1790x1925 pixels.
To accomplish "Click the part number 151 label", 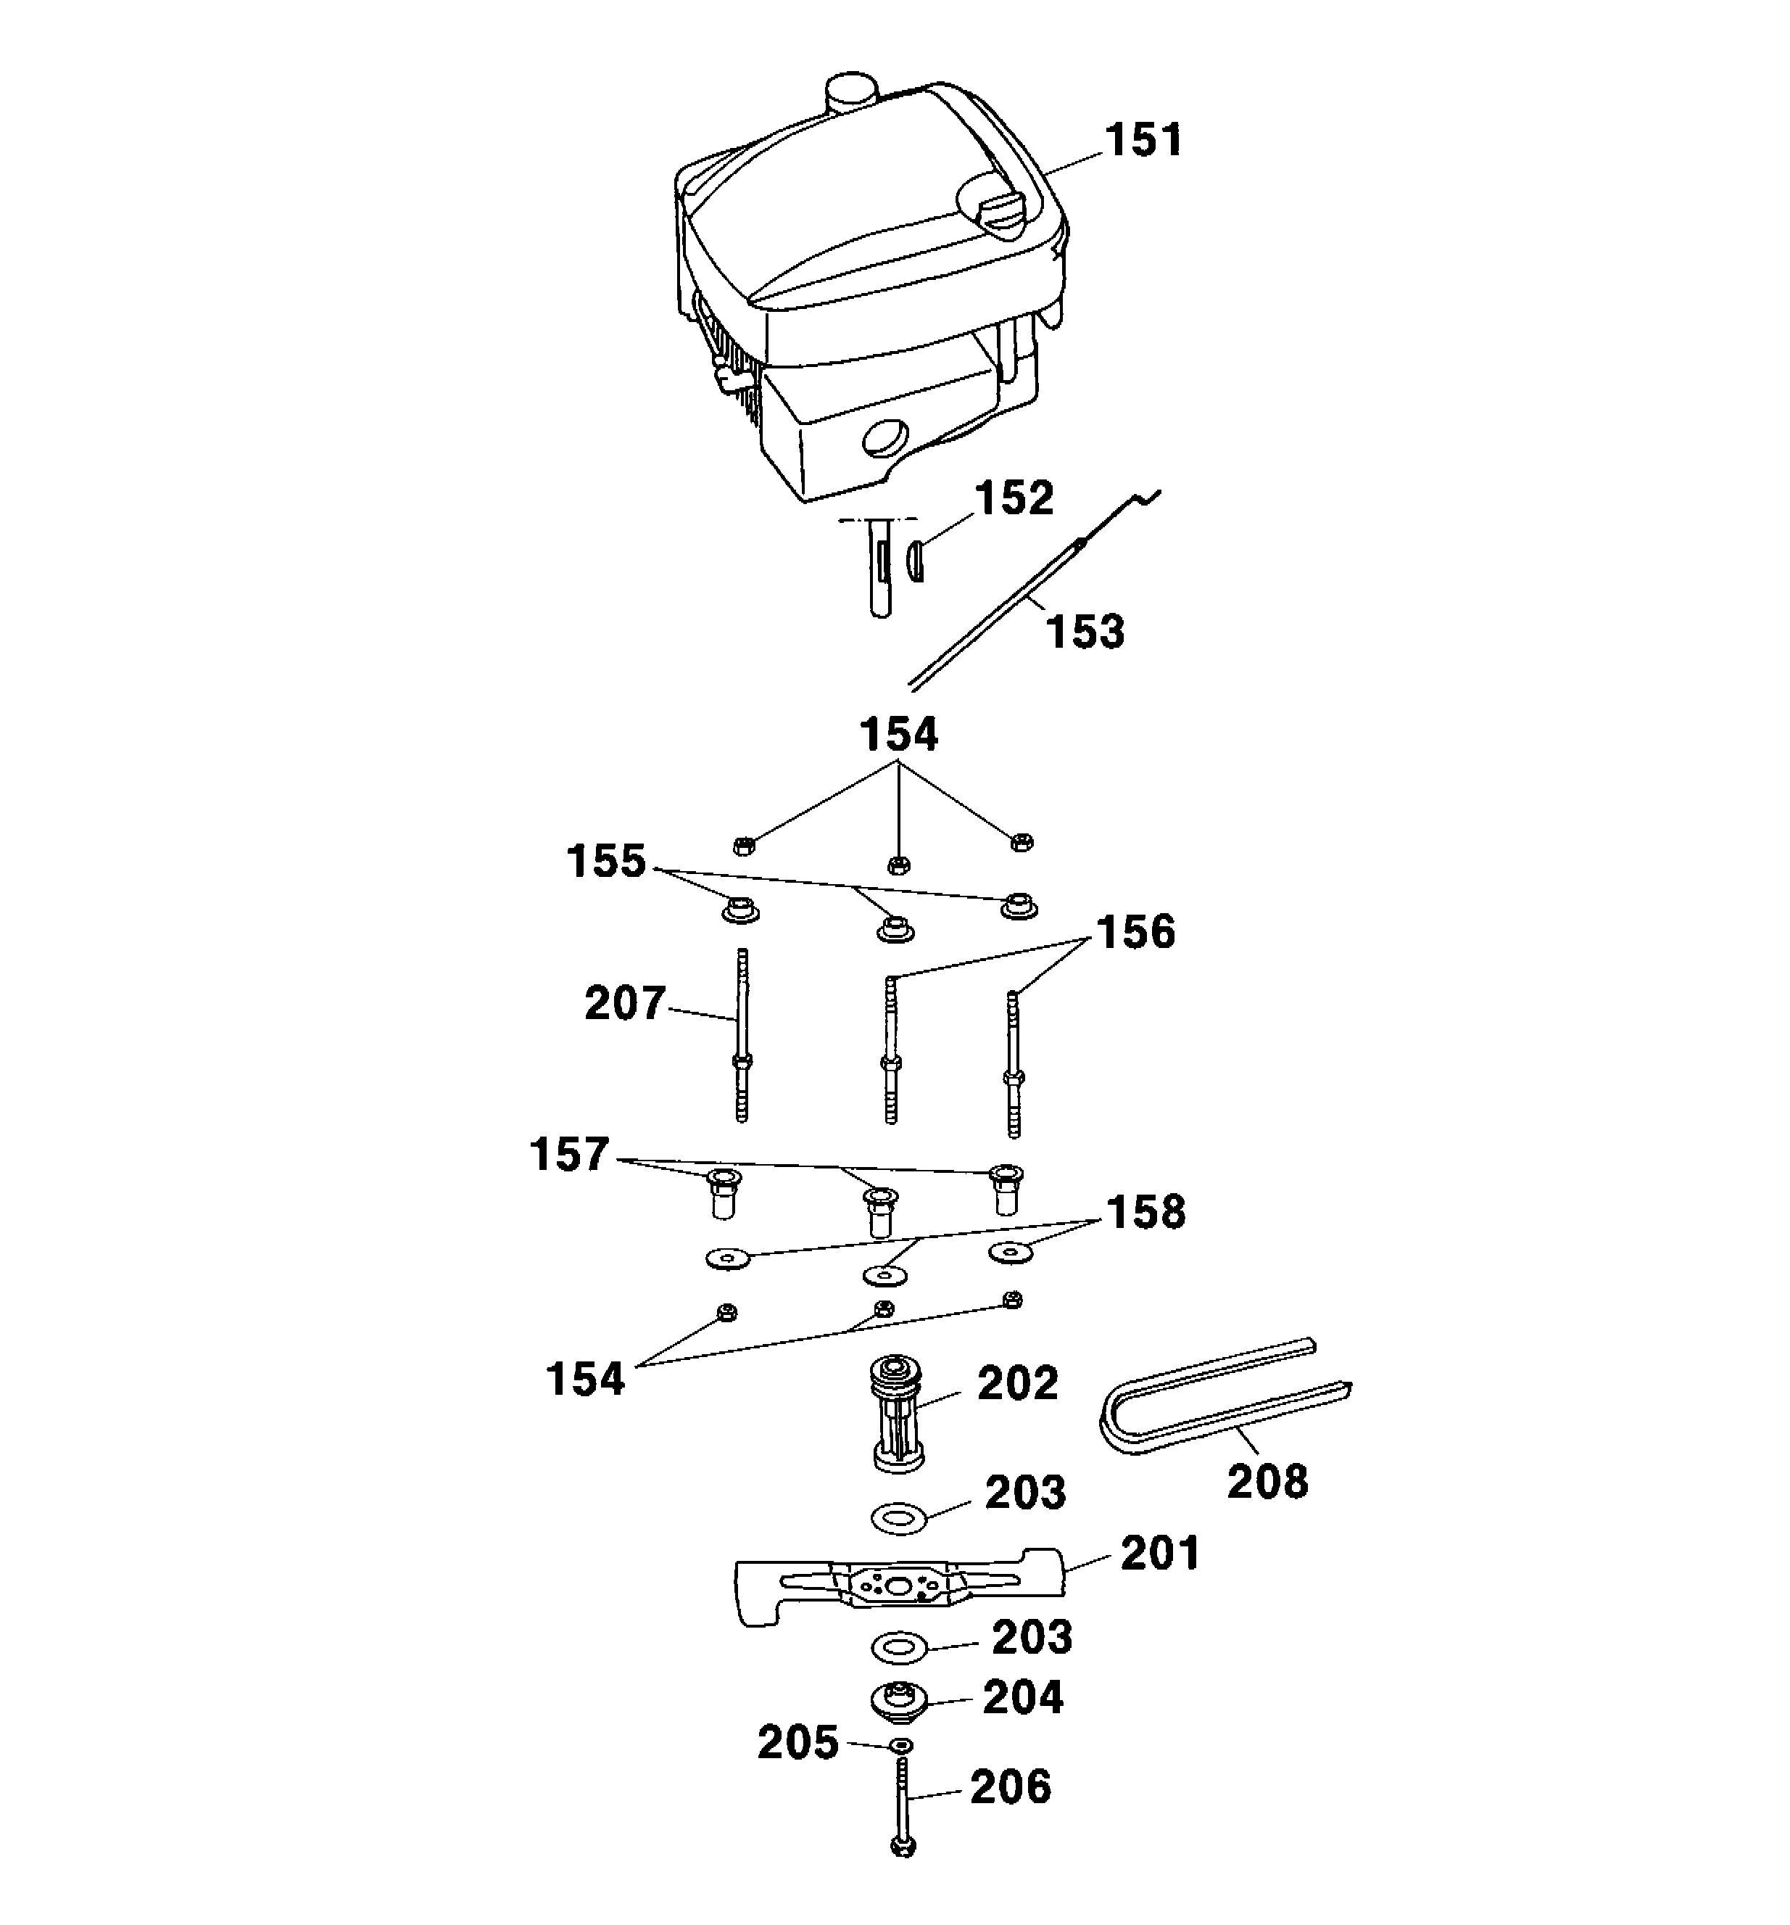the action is [x=1143, y=141].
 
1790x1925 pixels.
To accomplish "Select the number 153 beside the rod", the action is [x=1085, y=631].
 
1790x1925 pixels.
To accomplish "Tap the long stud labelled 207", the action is [x=741, y=1034].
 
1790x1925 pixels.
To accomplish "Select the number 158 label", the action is [x=1145, y=1211].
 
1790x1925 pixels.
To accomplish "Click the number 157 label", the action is [x=569, y=1154].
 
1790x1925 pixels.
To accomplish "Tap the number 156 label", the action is [x=1135, y=931].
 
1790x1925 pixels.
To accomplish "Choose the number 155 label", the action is [x=606, y=861].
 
